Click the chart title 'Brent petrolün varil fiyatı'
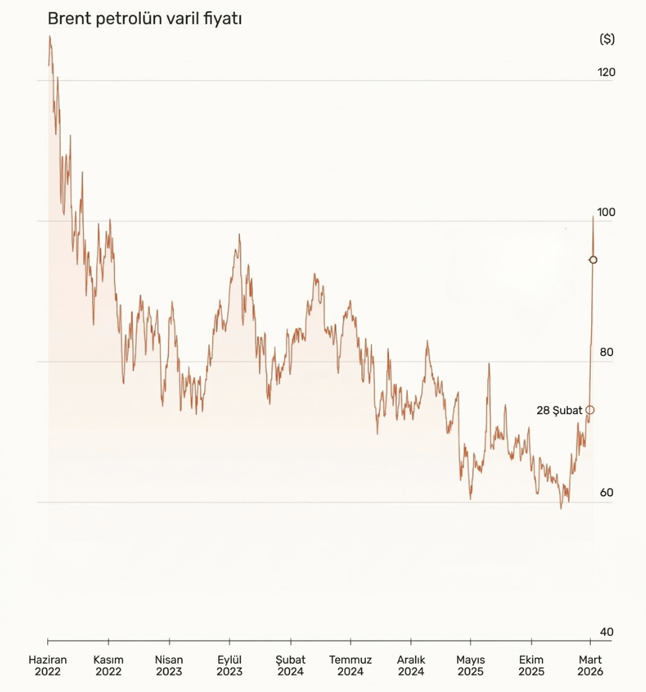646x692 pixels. tap(144, 19)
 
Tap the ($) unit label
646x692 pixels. tap(607, 39)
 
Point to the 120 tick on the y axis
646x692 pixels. tap(606, 73)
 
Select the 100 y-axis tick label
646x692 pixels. tap(606, 212)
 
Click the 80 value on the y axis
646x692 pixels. tap(606, 352)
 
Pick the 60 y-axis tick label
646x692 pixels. tap(606, 492)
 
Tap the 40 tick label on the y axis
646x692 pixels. tap(606, 632)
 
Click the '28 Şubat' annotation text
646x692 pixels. tap(559, 410)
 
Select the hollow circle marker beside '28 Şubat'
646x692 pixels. tap(590, 410)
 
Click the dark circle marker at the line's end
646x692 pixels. tap(593, 260)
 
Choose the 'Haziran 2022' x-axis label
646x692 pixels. tap(48, 665)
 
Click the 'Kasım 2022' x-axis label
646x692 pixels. tap(108, 665)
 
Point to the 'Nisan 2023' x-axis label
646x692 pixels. tap(169, 665)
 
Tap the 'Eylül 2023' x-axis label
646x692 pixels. tap(229, 665)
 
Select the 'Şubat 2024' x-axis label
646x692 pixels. tap(290, 665)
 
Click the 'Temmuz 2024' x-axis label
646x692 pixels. tap(350, 665)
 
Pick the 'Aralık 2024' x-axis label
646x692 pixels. tap(411, 665)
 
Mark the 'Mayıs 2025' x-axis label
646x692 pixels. tap(471, 665)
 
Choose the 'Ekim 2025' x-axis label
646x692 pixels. tap(531, 665)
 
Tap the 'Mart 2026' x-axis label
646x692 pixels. tap(590, 665)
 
